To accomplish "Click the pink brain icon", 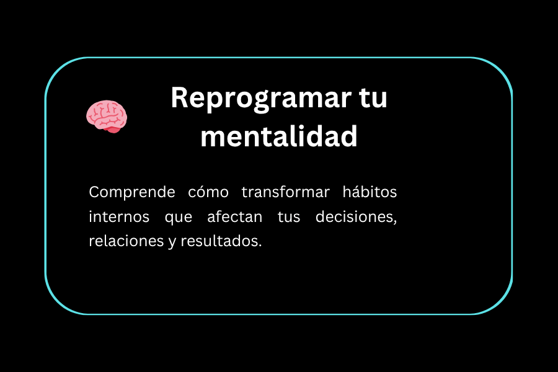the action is click(x=107, y=117).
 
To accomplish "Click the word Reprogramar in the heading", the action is click(x=261, y=99).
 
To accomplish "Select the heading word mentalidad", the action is click(x=279, y=136).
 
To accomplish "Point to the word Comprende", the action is click(x=132, y=193).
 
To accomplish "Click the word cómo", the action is click(x=208, y=192).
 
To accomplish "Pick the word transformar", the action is click(x=285, y=192).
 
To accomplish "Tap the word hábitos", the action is click(x=370, y=192).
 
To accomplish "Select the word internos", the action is click(x=119, y=216).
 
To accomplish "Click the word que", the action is click(x=179, y=218).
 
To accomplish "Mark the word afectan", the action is click(x=235, y=216).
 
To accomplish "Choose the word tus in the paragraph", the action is click(x=288, y=217).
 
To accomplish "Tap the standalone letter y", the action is click(x=172, y=242).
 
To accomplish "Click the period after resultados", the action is click(x=260, y=246).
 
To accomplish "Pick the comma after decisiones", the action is click(x=395, y=222).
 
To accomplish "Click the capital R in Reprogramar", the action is click(x=180, y=97).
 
